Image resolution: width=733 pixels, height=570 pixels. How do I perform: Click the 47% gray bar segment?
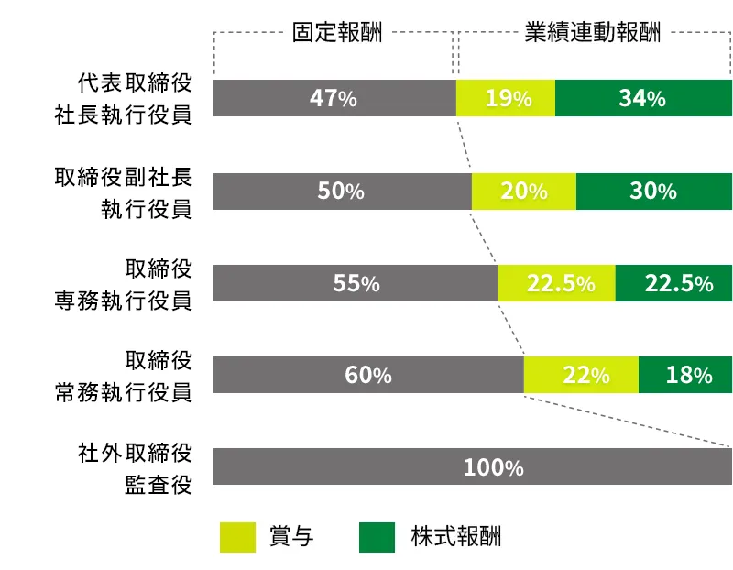point(334,98)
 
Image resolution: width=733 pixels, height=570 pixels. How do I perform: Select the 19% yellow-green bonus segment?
point(506,98)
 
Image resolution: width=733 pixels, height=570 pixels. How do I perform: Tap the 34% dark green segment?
point(643,98)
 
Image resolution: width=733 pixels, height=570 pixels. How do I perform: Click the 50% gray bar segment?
point(342,192)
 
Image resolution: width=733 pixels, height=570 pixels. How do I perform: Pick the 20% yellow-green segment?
point(524,192)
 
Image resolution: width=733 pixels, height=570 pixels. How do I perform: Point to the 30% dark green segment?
point(654,192)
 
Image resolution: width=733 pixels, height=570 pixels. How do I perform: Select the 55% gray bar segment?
point(356,284)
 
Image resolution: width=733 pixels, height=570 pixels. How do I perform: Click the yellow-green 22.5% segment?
point(557,284)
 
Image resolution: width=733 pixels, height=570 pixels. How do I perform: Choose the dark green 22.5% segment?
point(674,284)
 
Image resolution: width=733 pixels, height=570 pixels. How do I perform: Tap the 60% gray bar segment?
point(368,375)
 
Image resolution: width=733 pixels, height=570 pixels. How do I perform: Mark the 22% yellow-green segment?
point(581,375)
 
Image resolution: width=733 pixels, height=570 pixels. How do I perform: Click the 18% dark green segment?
point(685,375)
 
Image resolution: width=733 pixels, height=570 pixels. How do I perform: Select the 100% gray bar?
point(473,466)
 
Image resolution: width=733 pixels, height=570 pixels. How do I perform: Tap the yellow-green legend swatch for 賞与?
point(237,537)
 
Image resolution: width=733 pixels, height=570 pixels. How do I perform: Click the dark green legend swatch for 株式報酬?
point(377,537)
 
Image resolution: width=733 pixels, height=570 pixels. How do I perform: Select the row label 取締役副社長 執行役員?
point(123,192)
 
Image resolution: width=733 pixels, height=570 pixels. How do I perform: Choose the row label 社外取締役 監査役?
point(135,468)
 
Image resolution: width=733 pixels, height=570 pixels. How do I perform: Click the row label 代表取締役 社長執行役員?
point(135,98)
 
